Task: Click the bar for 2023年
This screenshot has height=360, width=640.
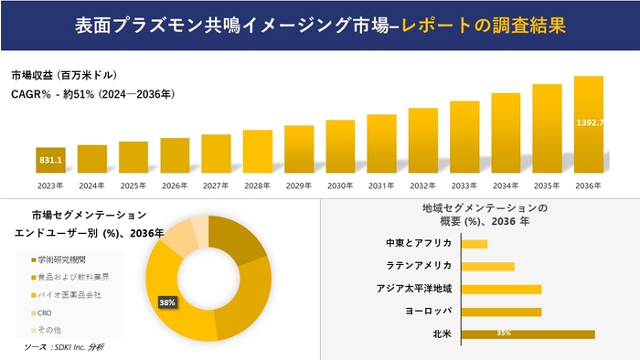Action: coord(50,161)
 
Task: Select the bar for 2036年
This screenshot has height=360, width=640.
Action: coord(589,125)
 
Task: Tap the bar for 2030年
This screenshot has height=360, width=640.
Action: coord(340,147)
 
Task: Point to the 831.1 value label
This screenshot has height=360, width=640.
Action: coord(51,161)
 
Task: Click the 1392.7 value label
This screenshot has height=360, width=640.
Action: coord(589,122)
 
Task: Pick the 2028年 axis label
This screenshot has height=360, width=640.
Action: coord(257,185)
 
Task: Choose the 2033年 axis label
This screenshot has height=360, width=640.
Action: coord(464,185)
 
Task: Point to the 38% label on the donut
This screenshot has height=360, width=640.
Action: coord(166,302)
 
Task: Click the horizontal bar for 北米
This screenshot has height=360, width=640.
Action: coord(528,334)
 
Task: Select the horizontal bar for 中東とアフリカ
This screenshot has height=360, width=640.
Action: coord(475,244)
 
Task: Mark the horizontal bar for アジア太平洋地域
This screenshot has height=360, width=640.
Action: coord(501,289)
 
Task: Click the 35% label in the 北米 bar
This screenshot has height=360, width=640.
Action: coord(503,334)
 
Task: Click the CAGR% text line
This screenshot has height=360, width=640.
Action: coord(92,93)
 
